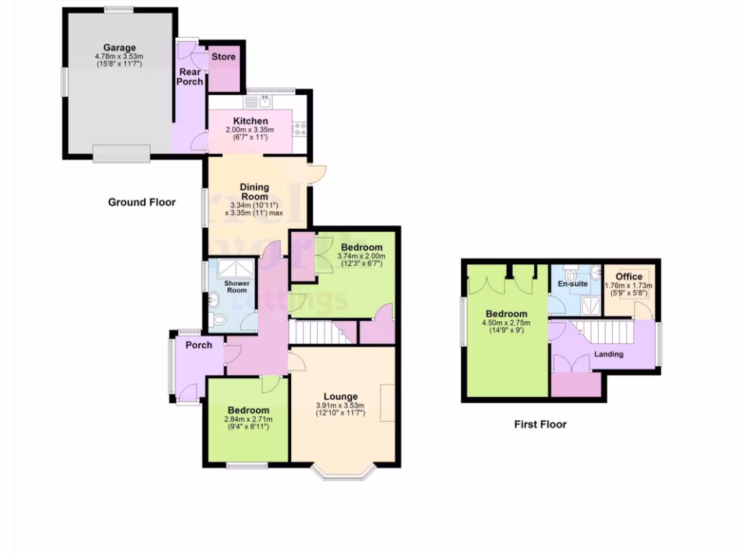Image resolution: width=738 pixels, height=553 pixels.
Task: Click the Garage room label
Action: [119, 48]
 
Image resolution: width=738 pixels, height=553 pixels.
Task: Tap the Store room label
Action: [223, 57]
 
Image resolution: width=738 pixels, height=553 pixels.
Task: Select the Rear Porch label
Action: [191, 76]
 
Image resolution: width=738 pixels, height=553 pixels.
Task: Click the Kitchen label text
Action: [250, 121]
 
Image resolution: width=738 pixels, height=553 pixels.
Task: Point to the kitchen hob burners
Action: [300, 130]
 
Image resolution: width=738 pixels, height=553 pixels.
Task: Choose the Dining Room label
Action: [254, 192]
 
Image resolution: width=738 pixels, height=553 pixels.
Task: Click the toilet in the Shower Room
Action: [219, 319]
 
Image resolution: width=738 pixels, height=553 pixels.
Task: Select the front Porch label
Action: [199, 345]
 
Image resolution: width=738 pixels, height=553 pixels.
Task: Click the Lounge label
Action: [340, 397]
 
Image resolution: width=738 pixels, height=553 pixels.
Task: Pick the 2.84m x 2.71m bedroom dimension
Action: [249, 419]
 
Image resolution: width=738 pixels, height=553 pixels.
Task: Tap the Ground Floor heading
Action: [142, 202]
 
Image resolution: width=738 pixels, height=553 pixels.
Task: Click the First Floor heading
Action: [540, 424]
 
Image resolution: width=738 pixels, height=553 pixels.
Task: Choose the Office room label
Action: [628, 276]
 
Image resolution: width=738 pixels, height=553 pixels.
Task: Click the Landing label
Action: [609, 354]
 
